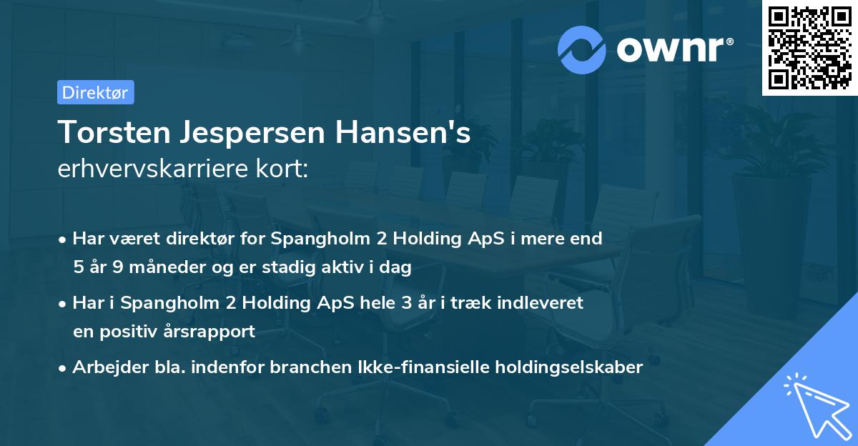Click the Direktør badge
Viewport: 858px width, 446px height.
(95, 92)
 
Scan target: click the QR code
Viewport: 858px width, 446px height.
(809, 47)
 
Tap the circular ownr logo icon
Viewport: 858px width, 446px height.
(583, 49)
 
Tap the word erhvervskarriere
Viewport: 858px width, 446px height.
(145, 169)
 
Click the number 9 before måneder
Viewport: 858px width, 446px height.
(119, 267)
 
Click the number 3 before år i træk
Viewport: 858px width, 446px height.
(405, 302)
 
